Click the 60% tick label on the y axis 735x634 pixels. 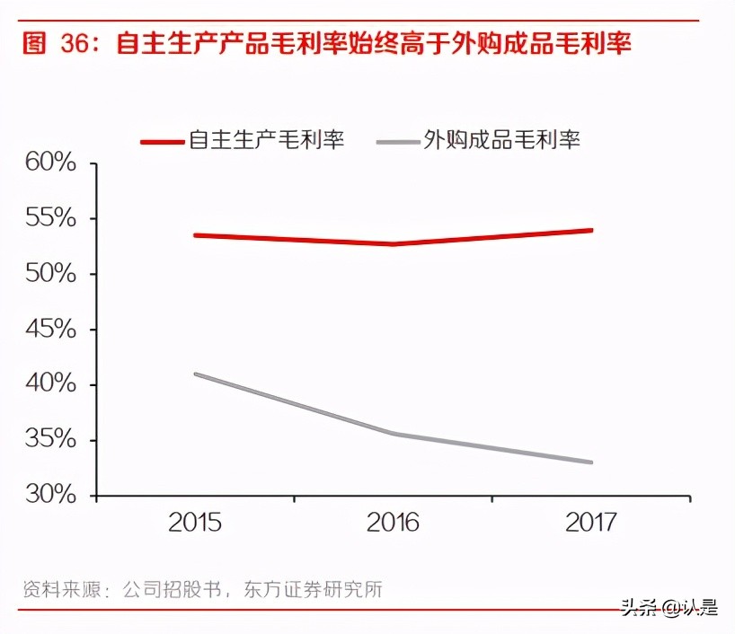click(50, 163)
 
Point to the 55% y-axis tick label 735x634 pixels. click(50, 219)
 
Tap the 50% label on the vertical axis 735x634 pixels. click(50, 274)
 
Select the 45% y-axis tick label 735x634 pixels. click(50, 330)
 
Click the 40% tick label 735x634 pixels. click(50, 384)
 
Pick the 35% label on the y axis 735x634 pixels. click(50, 440)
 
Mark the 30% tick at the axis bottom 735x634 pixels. click(50, 496)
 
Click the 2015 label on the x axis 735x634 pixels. click(195, 523)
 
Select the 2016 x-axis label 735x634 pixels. click(393, 523)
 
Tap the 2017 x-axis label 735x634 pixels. click(591, 523)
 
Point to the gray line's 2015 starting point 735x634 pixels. click(196, 374)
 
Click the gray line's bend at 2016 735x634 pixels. click(394, 434)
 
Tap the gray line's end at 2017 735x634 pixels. click(591, 462)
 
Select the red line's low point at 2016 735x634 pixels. click(394, 243)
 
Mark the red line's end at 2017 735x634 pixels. click(591, 230)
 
